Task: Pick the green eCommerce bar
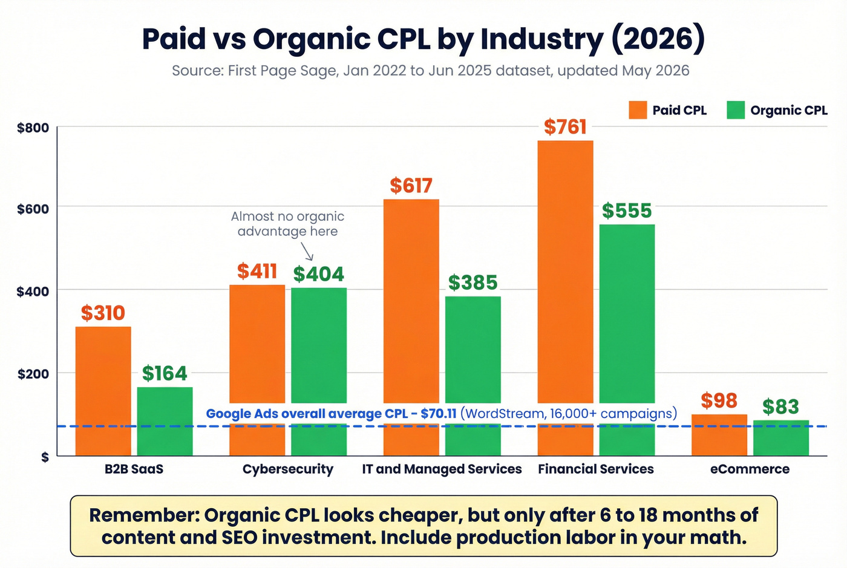[780, 438]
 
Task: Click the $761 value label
[565, 127]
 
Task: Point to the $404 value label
[318, 274]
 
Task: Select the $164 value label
[165, 373]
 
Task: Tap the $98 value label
[719, 400]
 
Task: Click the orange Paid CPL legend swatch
[638, 110]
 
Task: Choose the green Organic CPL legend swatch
[736, 110]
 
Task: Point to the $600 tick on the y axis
[33, 209]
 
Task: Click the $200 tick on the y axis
[33, 374]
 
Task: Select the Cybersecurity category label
[288, 469]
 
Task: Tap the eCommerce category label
[750, 469]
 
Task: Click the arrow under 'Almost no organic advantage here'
[307, 252]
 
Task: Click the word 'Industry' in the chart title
[541, 39]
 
